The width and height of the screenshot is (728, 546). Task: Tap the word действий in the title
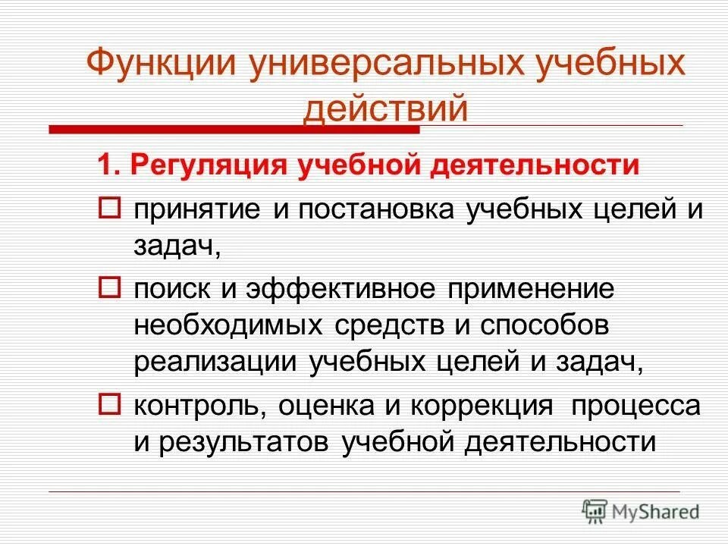[x=385, y=108]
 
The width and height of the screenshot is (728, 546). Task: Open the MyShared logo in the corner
[x=641, y=511]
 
